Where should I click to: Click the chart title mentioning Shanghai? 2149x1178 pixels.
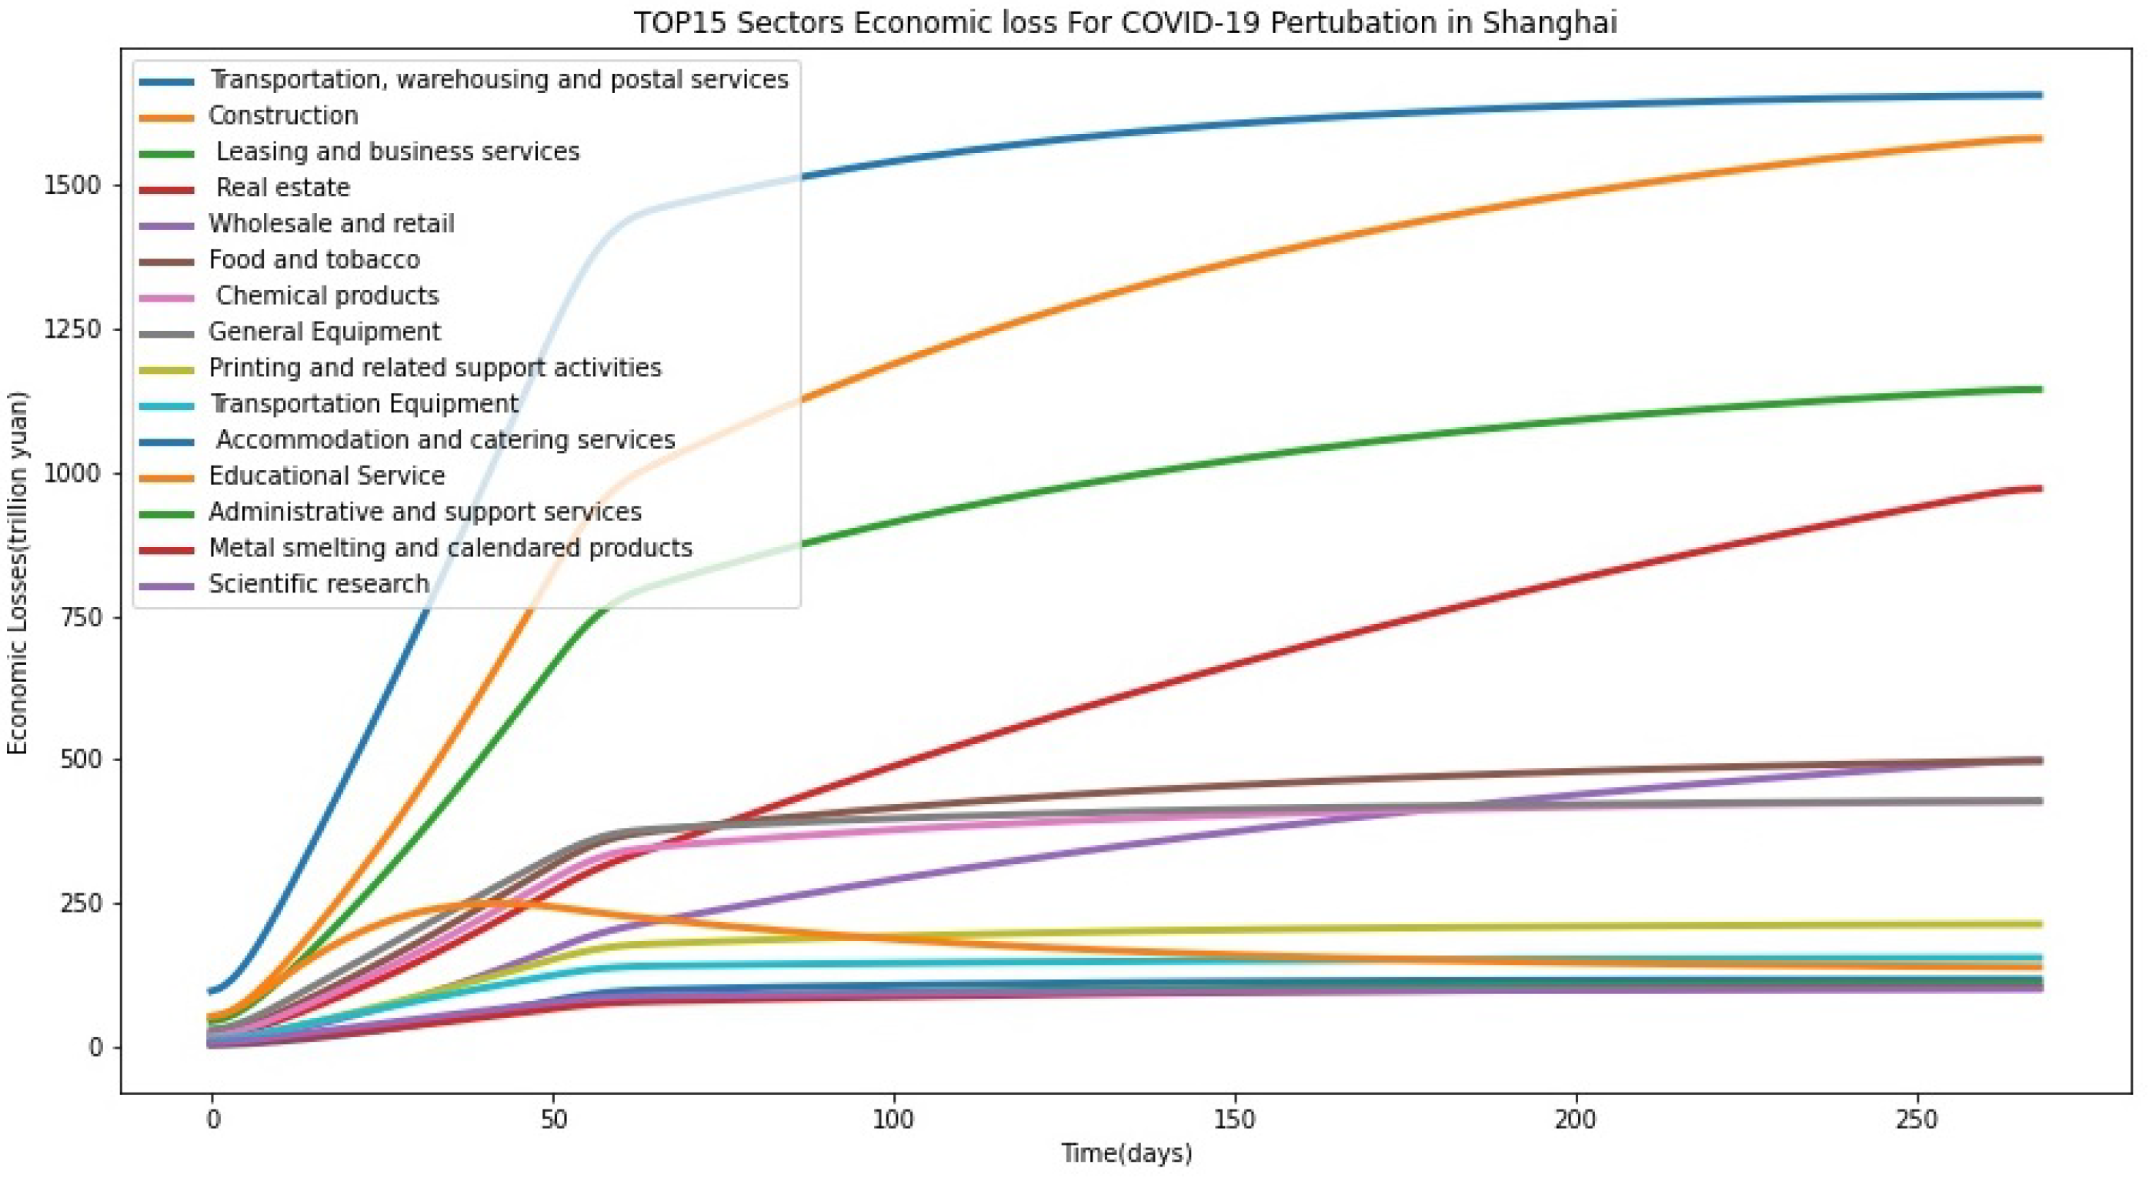click(1125, 22)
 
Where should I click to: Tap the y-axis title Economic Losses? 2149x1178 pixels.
click(18, 572)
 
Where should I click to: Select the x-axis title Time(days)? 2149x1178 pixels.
click(1126, 1153)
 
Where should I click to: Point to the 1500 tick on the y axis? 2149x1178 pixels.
click(72, 185)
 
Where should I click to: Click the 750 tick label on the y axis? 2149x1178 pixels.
click(82, 617)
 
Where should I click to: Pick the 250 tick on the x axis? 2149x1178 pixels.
click(1916, 1119)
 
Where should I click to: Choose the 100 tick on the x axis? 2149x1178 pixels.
click(893, 1119)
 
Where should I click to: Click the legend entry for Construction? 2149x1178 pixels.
click(283, 115)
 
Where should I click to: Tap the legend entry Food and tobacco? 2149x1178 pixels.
click(314, 259)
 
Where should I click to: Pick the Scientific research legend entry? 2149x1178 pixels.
click(319, 584)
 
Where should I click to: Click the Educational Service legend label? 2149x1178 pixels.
click(326, 476)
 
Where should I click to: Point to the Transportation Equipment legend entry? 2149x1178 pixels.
click(364, 404)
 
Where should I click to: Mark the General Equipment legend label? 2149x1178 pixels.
click(324, 332)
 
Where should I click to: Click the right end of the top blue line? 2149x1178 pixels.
click(2039, 95)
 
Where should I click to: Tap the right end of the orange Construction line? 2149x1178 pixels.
click(2039, 138)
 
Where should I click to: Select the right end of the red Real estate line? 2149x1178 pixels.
click(2039, 489)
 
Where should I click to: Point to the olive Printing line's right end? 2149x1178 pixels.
click(2039, 924)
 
